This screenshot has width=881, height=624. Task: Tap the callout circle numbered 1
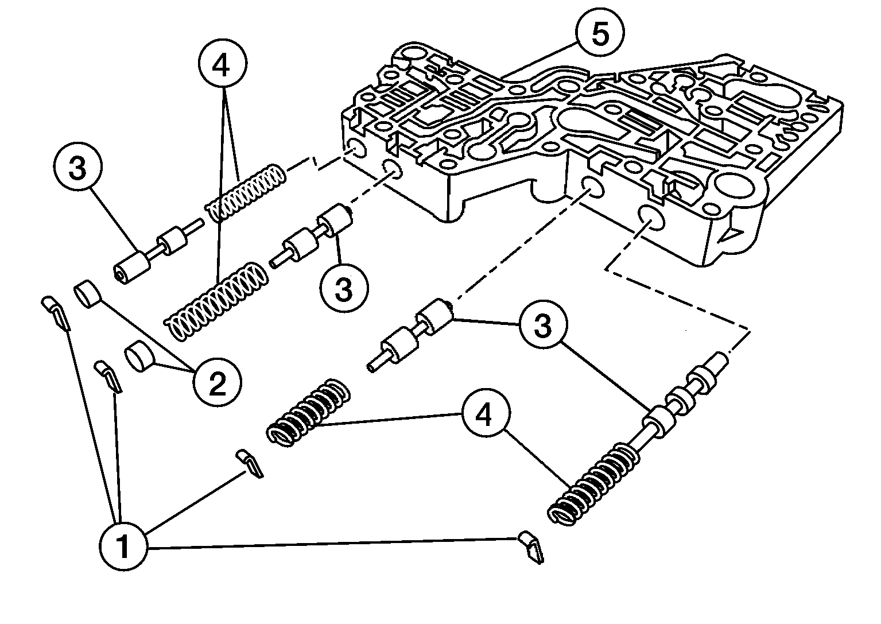pyautogui.click(x=123, y=546)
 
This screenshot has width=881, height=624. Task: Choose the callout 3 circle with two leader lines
pyautogui.click(x=542, y=325)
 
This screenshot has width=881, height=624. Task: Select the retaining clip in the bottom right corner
pyautogui.click(x=531, y=547)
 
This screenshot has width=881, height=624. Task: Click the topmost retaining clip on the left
pyautogui.click(x=56, y=312)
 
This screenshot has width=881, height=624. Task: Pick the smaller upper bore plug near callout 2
pyautogui.click(x=88, y=294)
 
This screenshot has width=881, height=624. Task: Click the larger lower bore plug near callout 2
pyautogui.click(x=141, y=358)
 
